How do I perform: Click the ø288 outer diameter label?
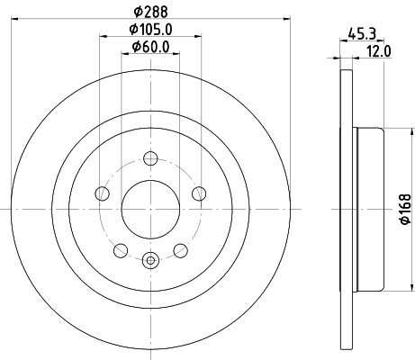click(150, 10)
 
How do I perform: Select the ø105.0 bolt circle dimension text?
click(150, 31)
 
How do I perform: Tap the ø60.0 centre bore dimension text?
click(150, 47)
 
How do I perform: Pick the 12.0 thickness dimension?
click(380, 51)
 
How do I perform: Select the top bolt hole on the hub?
click(150, 161)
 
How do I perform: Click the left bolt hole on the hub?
click(104, 194)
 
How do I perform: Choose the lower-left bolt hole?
click(122, 249)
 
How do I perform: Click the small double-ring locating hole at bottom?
click(150, 261)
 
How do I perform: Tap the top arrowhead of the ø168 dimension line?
click(394, 130)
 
